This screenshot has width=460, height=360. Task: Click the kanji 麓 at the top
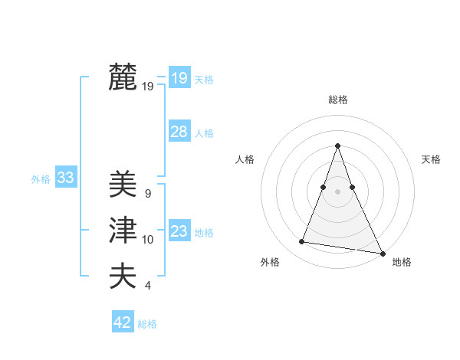click(x=123, y=77)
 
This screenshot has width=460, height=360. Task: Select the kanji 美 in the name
click(x=123, y=185)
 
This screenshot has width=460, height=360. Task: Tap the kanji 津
click(x=123, y=231)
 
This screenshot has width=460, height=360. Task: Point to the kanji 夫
click(x=123, y=275)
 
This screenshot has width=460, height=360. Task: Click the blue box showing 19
click(x=179, y=77)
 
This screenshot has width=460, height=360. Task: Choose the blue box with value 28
click(x=179, y=132)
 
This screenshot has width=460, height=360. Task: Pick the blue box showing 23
click(x=179, y=231)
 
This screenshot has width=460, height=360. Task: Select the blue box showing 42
click(x=123, y=322)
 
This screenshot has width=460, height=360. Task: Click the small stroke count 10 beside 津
click(x=147, y=240)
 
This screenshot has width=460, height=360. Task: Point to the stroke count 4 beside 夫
click(x=147, y=286)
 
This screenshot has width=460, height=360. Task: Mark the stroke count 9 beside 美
click(x=147, y=194)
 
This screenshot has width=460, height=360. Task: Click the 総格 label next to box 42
click(x=147, y=324)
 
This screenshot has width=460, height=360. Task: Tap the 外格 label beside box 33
click(x=41, y=179)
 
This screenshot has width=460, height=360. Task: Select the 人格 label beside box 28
click(x=204, y=133)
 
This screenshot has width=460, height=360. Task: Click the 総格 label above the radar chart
click(x=337, y=100)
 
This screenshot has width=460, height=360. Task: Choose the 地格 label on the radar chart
click(x=402, y=262)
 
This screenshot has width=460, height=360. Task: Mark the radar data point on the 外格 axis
click(x=302, y=242)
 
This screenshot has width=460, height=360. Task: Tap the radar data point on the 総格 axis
click(x=337, y=146)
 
